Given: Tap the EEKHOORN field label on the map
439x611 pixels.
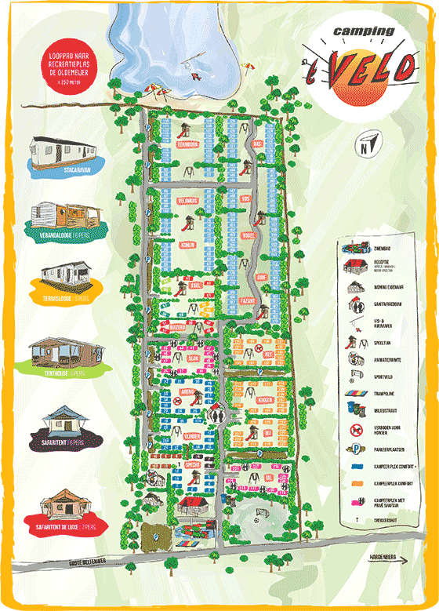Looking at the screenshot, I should pyautogui.click(x=186, y=144).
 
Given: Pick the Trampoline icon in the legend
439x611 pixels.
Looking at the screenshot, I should pyautogui.click(x=354, y=385).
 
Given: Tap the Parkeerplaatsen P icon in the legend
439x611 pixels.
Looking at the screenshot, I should pyautogui.click(x=354, y=450).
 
